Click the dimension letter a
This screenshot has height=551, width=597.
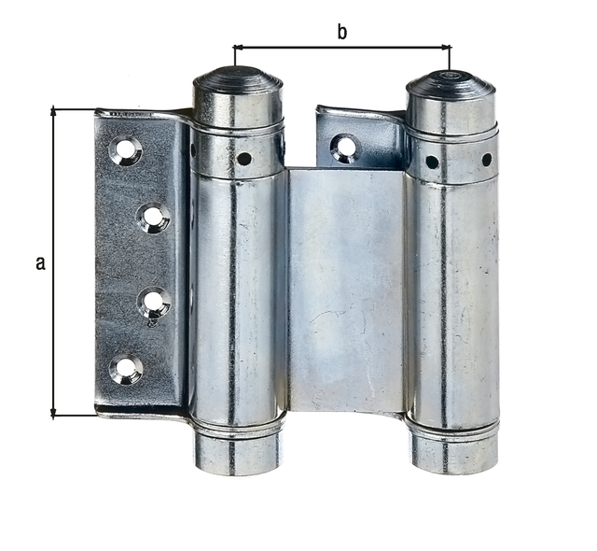pos(40,263)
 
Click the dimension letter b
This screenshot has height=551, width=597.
pos(341,33)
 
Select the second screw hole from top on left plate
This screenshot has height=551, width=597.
pos(152,219)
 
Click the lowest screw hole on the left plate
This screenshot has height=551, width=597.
pos(125,370)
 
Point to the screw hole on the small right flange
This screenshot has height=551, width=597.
pos(343,147)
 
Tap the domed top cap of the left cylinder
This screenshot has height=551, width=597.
pos(238,80)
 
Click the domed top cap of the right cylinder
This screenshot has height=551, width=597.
pos(451,83)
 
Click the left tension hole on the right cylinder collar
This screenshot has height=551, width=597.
pos(432,162)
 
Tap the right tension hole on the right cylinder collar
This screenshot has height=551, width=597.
pos(486,160)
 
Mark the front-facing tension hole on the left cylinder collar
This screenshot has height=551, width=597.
pos(243,159)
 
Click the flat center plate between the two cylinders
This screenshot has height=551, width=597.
pos(344,290)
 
